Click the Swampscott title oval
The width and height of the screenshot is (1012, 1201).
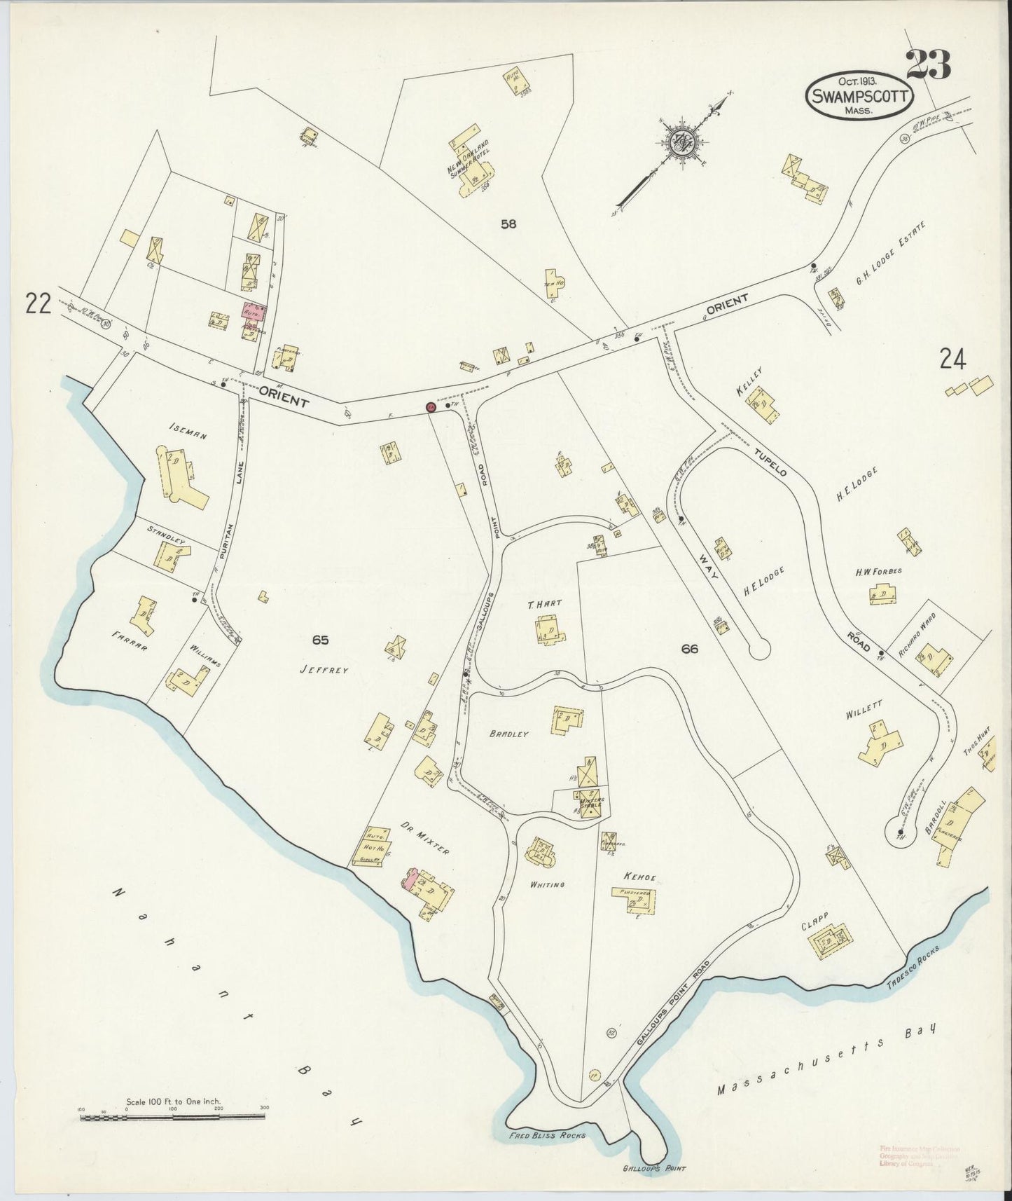coord(861,97)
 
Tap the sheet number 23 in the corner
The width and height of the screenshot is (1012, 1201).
coord(928,66)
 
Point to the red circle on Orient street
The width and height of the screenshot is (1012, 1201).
coord(431,407)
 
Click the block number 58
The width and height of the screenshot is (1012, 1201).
coord(508,224)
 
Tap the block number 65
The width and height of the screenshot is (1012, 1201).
coord(321,639)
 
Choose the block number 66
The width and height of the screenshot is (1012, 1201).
coord(689,649)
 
